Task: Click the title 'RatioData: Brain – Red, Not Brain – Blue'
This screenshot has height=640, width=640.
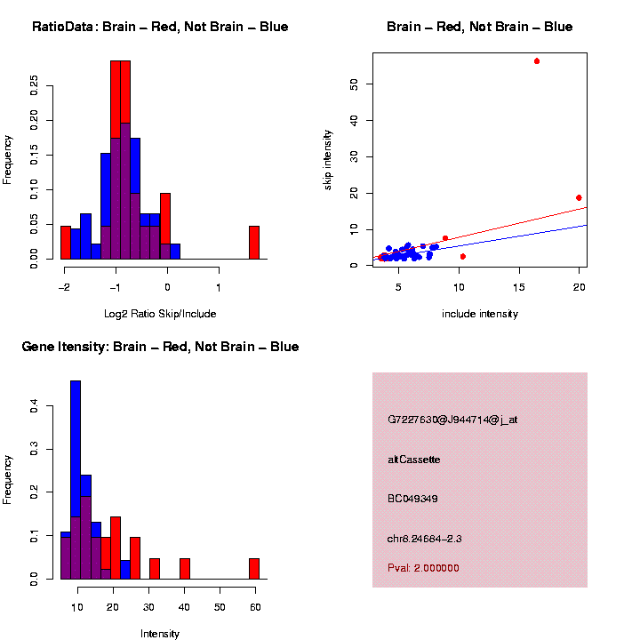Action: (x=160, y=27)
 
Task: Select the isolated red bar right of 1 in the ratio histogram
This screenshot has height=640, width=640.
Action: (x=254, y=243)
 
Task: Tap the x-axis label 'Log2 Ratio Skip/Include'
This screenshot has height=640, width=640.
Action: (x=160, y=313)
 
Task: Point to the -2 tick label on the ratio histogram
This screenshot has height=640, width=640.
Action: (x=64, y=288)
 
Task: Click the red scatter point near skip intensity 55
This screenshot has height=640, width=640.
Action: (x=537, y=61)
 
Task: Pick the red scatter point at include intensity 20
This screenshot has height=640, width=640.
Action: (x=579, y=197)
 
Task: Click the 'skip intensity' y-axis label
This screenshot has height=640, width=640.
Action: (x=328, y=159)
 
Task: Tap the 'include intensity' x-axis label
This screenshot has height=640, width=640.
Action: (x=480, y=313)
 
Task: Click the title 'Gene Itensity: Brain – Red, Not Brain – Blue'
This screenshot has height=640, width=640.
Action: (x=160, y=347)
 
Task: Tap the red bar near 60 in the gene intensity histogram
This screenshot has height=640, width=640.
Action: (x=254, y=568)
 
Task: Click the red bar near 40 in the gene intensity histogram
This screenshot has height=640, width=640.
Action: (x=185, y=568)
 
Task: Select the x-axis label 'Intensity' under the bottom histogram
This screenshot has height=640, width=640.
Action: (x=160, y=633)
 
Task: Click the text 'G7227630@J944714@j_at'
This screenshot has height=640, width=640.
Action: (x=452, y=420)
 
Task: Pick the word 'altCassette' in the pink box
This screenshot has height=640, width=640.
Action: (x=414, y=460)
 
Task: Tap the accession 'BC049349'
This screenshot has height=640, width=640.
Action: (x=412, y=499)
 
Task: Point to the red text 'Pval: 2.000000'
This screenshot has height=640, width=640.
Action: (x=423, y=568)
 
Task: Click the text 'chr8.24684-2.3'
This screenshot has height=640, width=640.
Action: (x=424, y=539)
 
